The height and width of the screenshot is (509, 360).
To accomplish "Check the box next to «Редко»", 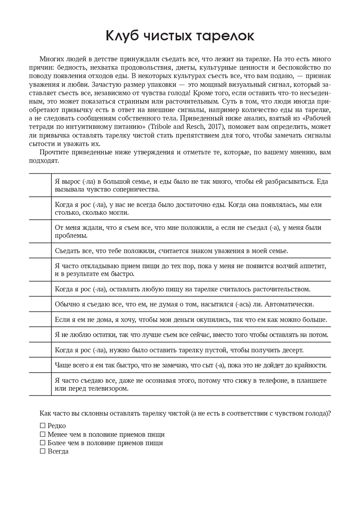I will tap(43, 426).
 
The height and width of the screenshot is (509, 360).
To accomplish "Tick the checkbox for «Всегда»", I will tap(43, 451).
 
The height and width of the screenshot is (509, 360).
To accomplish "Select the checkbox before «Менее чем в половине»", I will tap(43, 435).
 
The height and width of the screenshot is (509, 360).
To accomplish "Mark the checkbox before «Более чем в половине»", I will tap(43, 443).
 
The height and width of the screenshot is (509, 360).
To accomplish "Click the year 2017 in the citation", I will tap(217, 127).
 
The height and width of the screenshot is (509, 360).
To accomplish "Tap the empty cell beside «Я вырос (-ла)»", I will tap(40, 185).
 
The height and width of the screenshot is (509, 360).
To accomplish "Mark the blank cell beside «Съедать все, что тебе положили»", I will tap(40, 251).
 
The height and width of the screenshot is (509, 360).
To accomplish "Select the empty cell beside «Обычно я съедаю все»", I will tap(40, 304).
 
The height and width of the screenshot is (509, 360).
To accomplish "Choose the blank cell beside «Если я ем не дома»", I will tap(40, 319).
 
